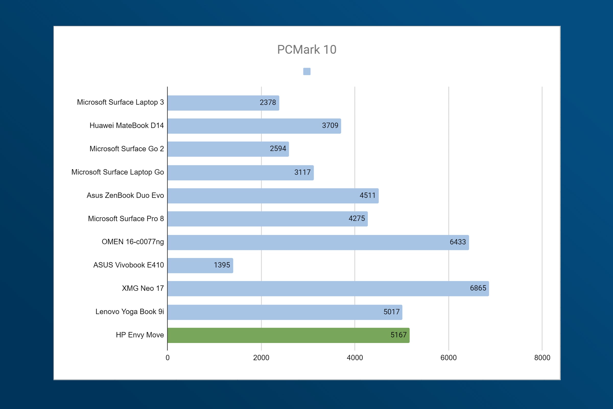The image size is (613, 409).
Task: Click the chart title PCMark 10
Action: click(x=307, y=50)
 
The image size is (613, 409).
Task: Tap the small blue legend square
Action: click(x=307, y=72)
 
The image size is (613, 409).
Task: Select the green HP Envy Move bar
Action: click(x=289, y=335)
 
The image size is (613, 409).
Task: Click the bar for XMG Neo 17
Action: click(x=328, y=289)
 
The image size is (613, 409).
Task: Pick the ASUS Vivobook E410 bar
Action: click(x=200, y=266)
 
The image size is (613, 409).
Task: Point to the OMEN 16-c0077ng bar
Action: click(x=318, y=242)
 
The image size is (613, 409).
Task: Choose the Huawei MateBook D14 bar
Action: click(x=254, y=126)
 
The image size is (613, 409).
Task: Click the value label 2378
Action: click(x=268, y=103)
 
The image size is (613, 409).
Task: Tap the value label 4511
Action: click(x=368, y=195)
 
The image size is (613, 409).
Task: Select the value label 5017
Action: click(x=392, y=312)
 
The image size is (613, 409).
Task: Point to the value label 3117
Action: click(x=302, y=172)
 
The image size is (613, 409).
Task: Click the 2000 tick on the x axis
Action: click(x=261, y=358)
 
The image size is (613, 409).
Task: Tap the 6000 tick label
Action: click(x=449, y=358)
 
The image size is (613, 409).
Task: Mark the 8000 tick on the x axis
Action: click(x=542, y=358)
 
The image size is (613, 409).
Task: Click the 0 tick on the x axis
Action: click(x=168, y=358)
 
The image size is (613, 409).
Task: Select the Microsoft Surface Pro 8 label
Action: click(x=126, y=219)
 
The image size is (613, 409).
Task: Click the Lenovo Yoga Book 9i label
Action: click(x=129, y=312)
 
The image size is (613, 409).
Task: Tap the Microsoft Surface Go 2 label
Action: click(x=127, y=149)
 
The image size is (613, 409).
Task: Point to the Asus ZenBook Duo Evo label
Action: click(x=125, y=195)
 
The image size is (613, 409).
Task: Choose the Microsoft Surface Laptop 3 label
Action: click(x=120, y=102)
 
